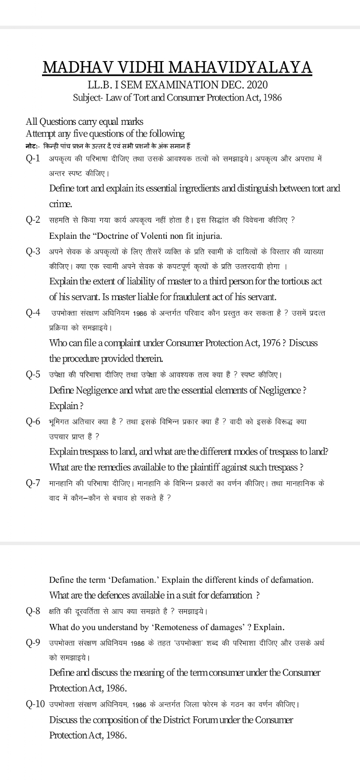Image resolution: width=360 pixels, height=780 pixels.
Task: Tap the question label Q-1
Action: coord(33,158)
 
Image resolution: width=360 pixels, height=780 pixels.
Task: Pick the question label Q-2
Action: coord(33,220)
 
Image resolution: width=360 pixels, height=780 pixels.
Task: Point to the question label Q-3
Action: coord(33,251)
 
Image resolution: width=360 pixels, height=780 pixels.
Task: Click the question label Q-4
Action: coord(33,312)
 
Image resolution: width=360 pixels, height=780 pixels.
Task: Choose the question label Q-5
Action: coord(33,374)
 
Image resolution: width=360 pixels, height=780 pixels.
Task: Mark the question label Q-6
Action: coord(33,421)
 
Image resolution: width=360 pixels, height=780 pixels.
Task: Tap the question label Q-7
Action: coord(33,483)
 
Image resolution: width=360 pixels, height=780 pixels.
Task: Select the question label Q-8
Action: coord(33,611)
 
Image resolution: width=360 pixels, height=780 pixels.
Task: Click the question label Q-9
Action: coord(33,643)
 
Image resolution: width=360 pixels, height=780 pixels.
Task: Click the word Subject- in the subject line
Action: coord(88,97)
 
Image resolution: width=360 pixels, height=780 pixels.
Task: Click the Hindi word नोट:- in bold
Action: coord(32,146)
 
